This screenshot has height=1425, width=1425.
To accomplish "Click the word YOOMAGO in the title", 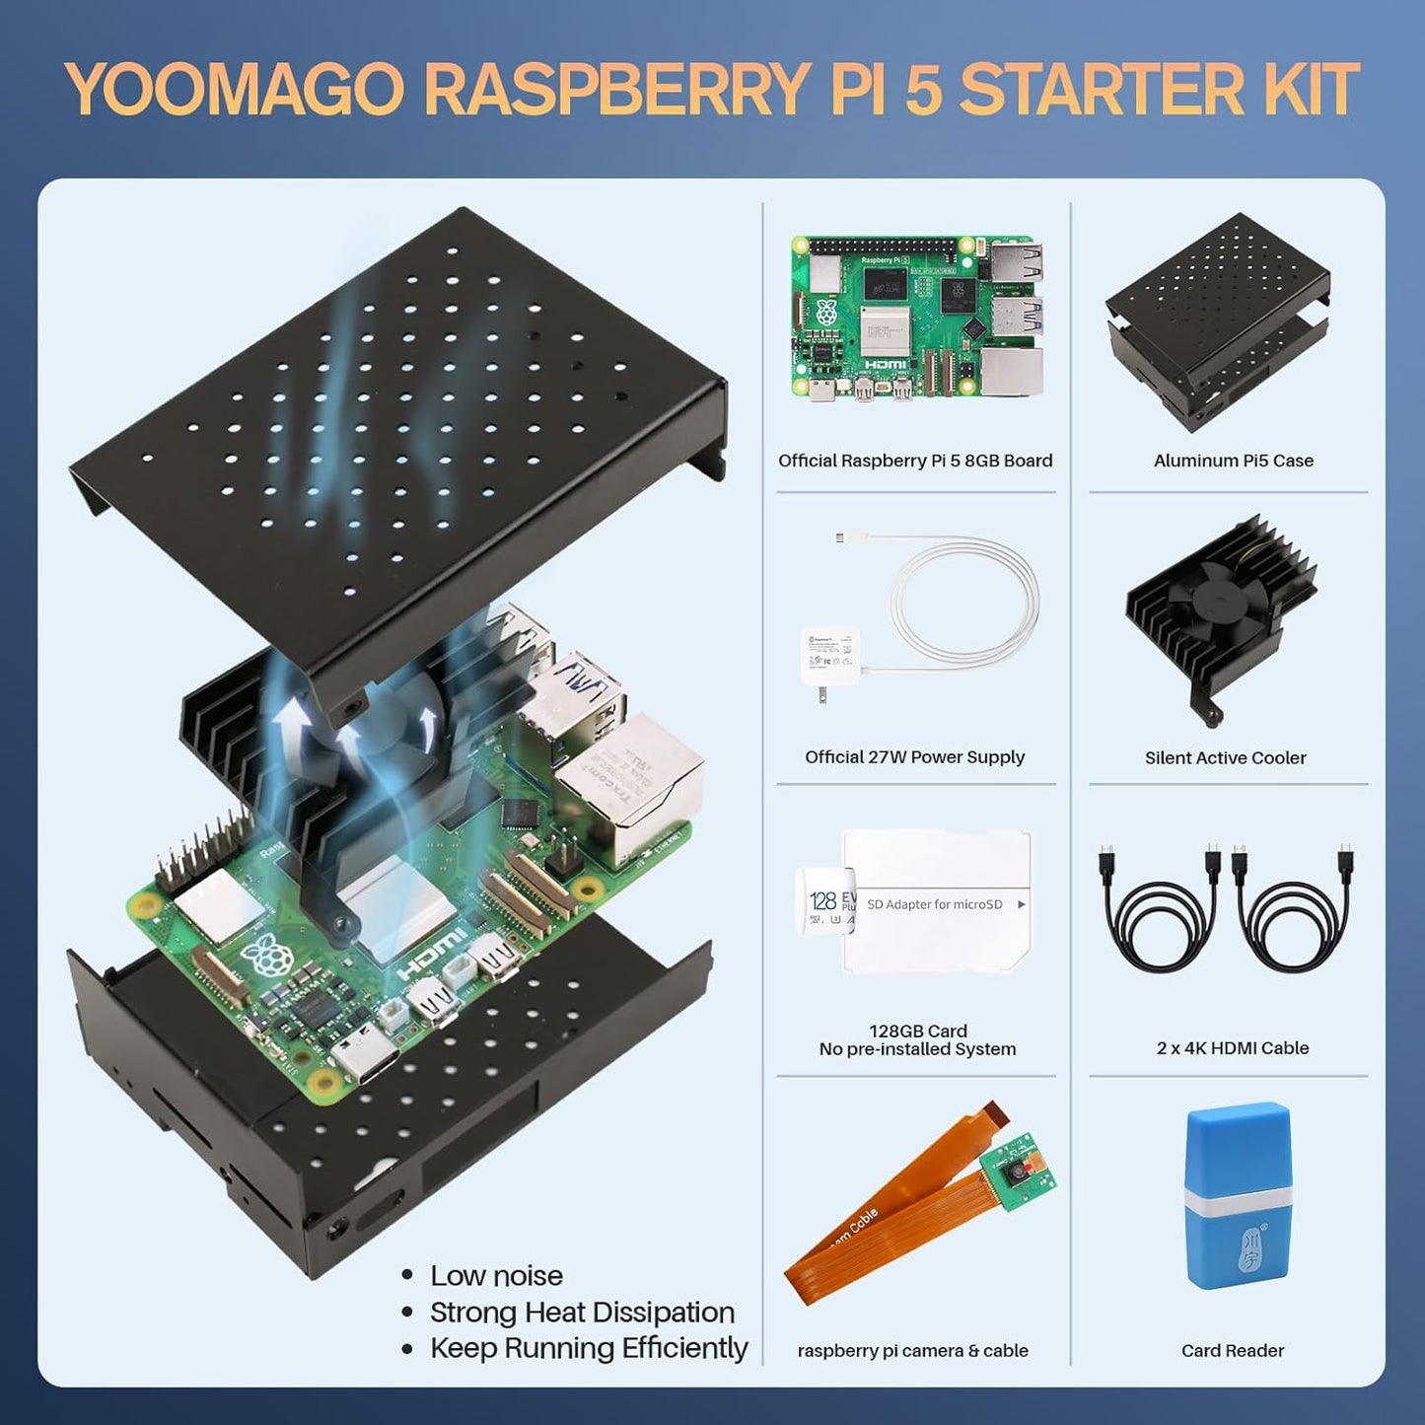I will [x=235, y=91].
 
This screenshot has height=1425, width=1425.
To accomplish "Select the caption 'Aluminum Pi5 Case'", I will [x=1233, y=461].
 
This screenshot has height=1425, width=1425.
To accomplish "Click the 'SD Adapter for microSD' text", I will [x=935, y=904].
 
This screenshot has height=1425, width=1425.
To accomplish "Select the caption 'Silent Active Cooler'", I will [x=1225, y=757].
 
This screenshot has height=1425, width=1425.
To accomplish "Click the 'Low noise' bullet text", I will [x=496, y=1275].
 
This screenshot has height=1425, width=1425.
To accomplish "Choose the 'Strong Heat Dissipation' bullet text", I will [x=582, y=1312].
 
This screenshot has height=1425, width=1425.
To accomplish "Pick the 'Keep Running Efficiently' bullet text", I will [x=589, y=1348].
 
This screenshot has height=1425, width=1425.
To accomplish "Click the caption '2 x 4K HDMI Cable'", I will [x=1233, y=1048].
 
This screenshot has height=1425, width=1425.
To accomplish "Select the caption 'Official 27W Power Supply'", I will [x=914, y=757].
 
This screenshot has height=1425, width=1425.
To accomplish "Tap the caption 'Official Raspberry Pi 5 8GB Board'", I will [x=915, y=461].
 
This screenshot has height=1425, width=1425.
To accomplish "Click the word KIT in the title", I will [x=1308, y=91].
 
